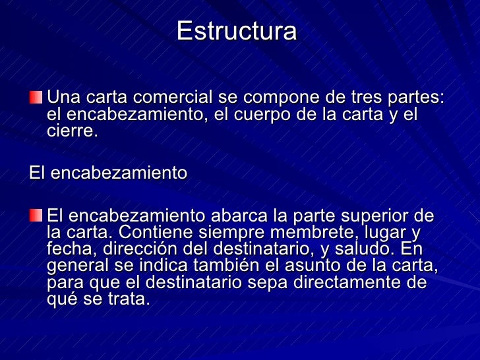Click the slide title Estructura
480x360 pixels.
point(237,32)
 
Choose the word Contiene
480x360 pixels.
point(157,233)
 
